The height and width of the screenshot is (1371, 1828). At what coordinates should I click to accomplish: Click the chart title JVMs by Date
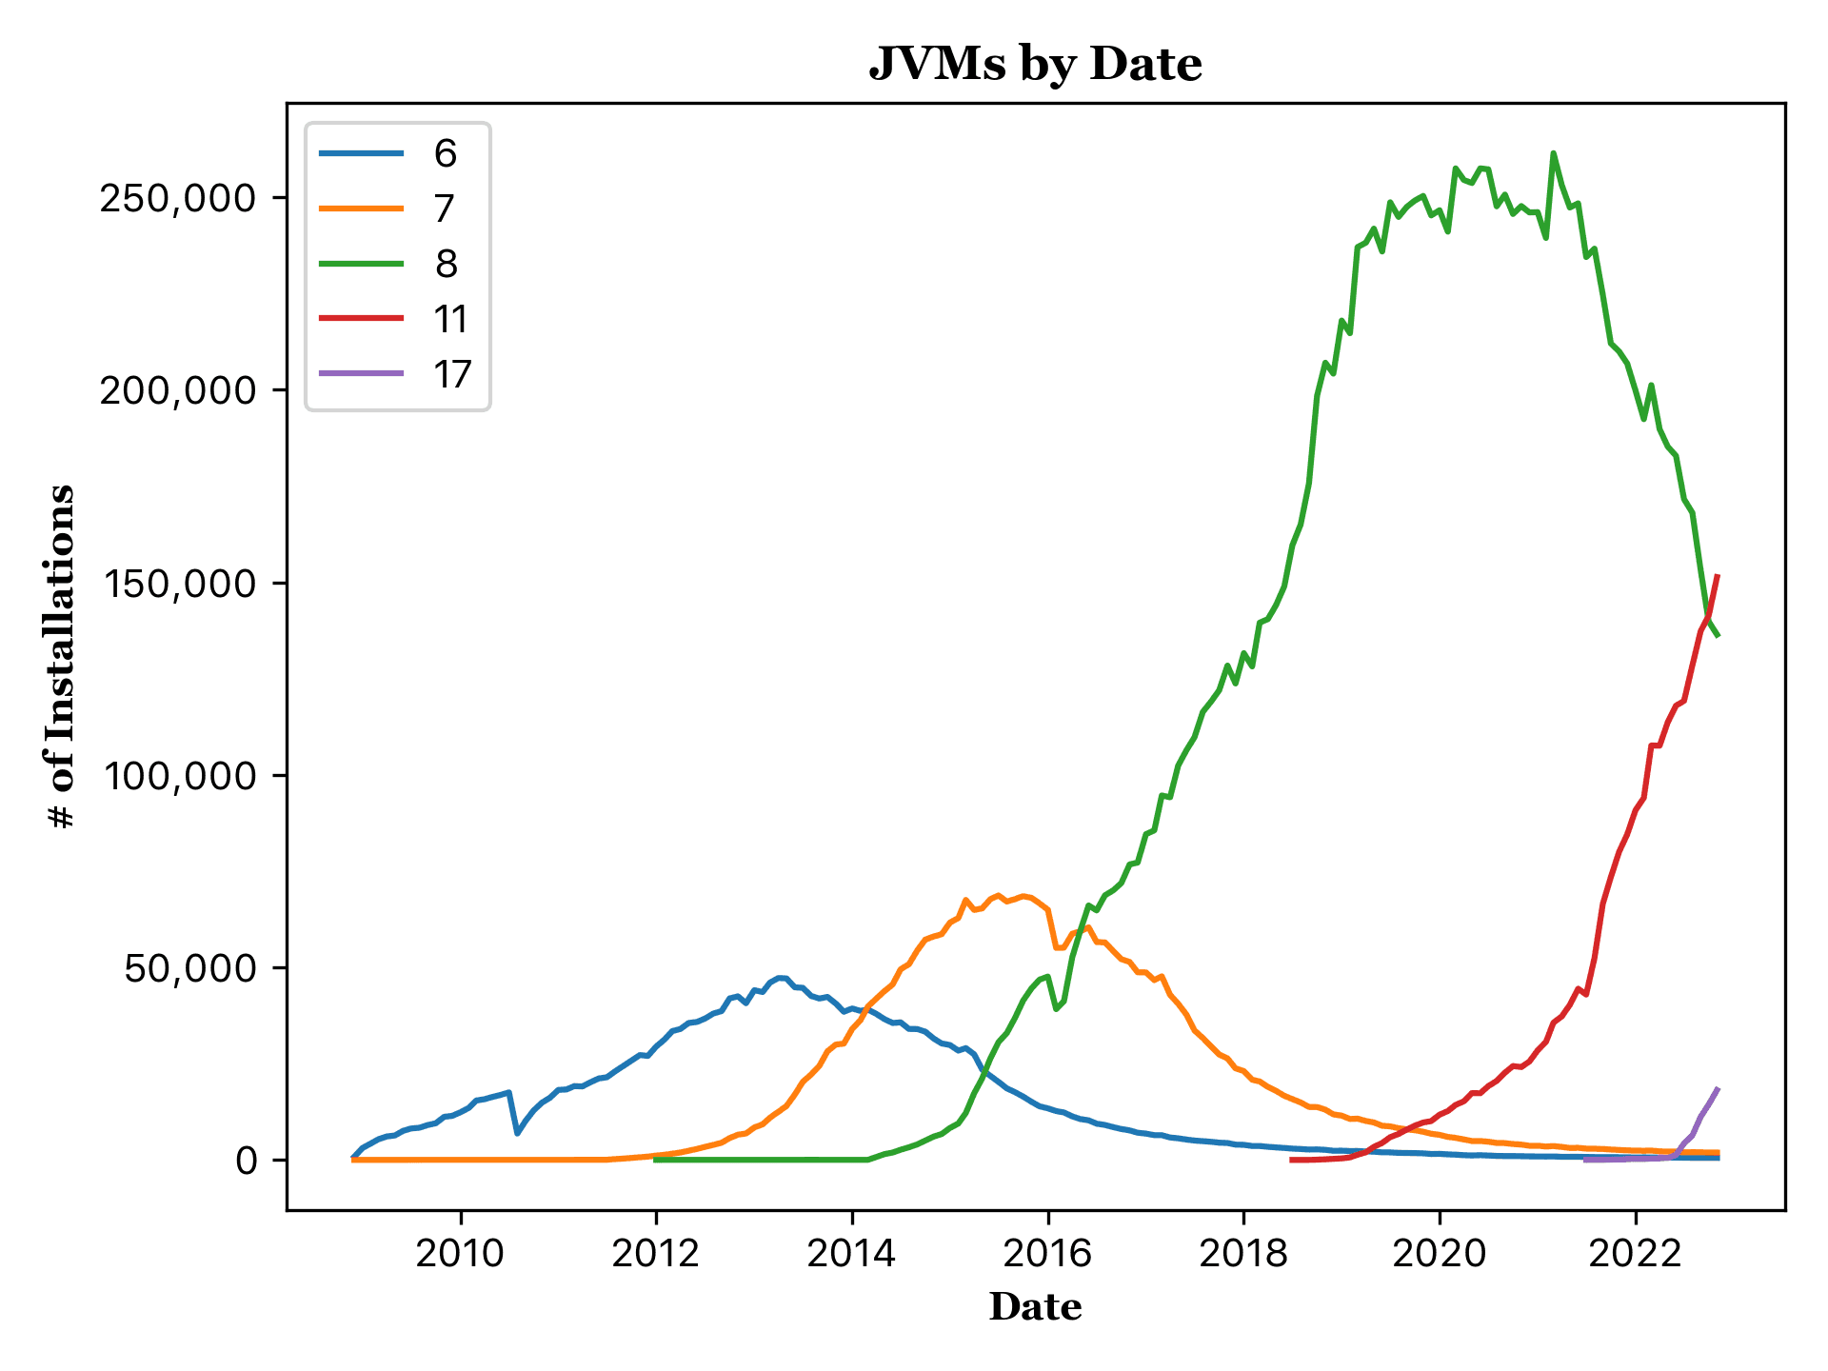coord(1035,65)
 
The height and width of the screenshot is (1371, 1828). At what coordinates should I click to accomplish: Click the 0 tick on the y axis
coord(247,1161)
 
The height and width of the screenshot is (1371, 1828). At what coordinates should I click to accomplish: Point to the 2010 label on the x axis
coord(461,1254)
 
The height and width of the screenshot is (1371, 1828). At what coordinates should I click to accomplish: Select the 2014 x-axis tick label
coord(852,1254)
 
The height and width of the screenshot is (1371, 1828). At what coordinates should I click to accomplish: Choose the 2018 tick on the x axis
coord(1243,1254)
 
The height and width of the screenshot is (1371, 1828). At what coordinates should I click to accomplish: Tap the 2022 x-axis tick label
coord(1636,1254)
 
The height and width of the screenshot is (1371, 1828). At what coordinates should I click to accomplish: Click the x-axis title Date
coord(1035,1307)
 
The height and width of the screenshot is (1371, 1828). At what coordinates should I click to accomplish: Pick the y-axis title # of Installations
coord(62,657)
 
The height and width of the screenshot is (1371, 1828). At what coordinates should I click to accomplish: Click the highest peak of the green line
coord(1553,153)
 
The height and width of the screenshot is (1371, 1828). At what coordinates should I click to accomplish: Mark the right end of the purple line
coord(1718,1089)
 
